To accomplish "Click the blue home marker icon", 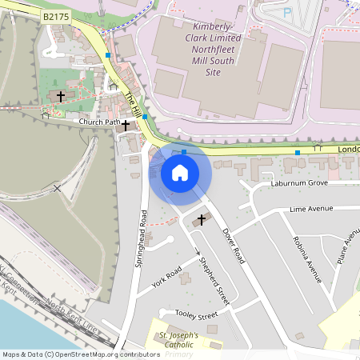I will tap(180, 173).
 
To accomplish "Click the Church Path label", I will tap(98, 122).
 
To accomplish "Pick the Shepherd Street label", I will tap(215, 281).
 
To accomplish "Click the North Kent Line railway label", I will tap(72, 317).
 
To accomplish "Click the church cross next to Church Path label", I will tap(125, 125).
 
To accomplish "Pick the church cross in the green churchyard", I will tap(61, 95).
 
